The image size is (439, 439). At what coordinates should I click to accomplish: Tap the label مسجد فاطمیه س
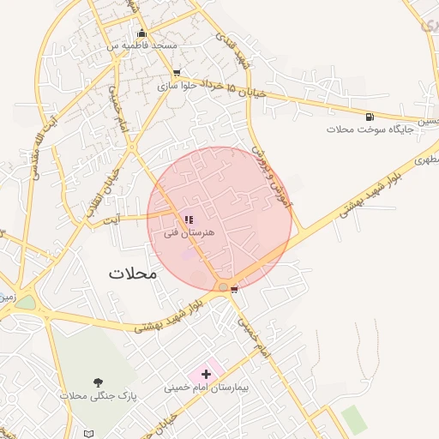[141, 45]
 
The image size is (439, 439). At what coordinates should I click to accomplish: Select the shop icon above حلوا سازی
[177, 73]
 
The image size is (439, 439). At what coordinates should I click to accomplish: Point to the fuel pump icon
[370, 117]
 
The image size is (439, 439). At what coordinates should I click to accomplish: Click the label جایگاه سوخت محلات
[370, 129]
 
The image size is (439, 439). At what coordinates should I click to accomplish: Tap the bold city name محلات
[133, 274]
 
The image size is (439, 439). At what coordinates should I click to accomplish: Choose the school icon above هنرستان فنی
[189, 220]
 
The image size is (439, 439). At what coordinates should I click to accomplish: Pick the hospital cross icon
[206, 374]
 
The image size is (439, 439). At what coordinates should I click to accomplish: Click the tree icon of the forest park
[97, 382]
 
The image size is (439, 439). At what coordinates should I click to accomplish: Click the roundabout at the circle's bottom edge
[223, 286]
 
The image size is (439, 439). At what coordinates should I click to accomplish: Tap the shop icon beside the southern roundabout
[234, 290]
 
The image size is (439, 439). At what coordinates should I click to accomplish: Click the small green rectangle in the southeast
[352, 419]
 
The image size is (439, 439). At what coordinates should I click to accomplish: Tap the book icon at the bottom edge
[92, 433]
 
